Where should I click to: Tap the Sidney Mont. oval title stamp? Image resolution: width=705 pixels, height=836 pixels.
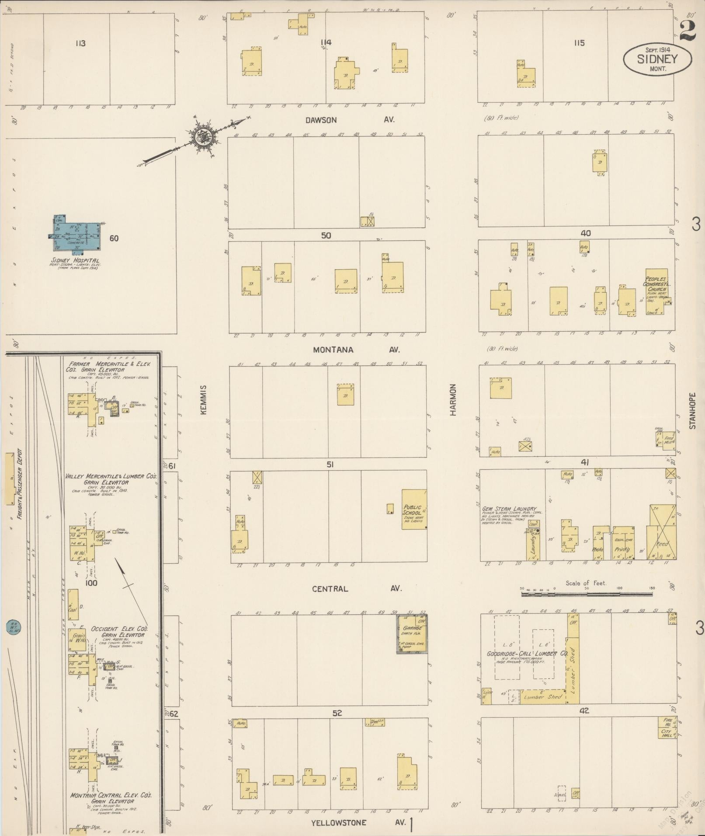[x=657, y=59]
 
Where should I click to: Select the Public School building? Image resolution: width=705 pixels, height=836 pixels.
[x=413, y=510]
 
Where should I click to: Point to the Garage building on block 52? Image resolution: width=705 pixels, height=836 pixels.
[x=412, y=634]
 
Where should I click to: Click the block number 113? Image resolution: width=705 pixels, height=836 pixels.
[x=80, y=43]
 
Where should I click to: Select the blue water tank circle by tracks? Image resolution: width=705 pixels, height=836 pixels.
[x=14, y=626]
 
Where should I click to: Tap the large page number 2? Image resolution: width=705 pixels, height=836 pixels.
[x=688, y=31]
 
